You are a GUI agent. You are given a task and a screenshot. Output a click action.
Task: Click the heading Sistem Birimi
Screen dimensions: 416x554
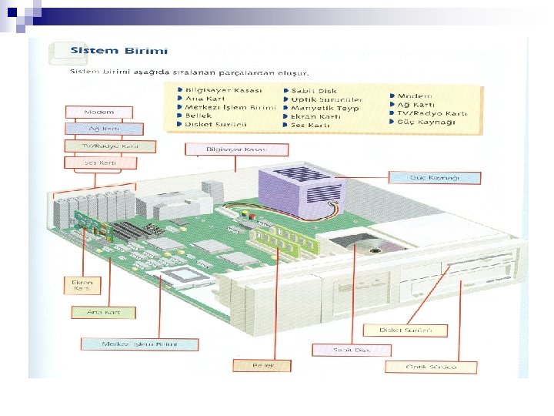click(118, 51)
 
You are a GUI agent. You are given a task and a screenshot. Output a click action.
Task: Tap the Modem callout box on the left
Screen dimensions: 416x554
click(99, 112)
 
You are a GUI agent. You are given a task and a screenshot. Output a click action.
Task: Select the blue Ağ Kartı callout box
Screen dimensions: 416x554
click(103, 129)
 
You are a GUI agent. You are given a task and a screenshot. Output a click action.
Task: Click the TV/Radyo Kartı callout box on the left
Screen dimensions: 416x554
click(110, 146)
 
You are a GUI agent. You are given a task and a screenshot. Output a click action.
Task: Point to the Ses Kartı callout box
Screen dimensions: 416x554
click(101, 163)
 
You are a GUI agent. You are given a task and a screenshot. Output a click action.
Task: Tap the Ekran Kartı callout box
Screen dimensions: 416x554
click(82, 286)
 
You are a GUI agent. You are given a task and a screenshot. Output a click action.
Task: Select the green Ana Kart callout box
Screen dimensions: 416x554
click(103, 313)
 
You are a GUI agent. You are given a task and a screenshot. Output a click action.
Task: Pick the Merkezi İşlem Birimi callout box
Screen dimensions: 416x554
click(129, 343)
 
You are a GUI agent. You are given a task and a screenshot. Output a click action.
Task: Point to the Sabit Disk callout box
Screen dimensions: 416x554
click(352, 350)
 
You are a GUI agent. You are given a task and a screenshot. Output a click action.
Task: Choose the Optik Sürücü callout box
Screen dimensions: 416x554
click(432, 367)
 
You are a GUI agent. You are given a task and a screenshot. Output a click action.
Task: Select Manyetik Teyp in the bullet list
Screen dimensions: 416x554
click(321, 109)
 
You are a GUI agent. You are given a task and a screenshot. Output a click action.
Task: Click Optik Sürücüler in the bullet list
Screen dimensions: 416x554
click(322, 100)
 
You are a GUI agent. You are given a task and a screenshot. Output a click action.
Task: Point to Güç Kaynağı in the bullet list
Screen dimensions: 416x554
click(427, 122)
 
